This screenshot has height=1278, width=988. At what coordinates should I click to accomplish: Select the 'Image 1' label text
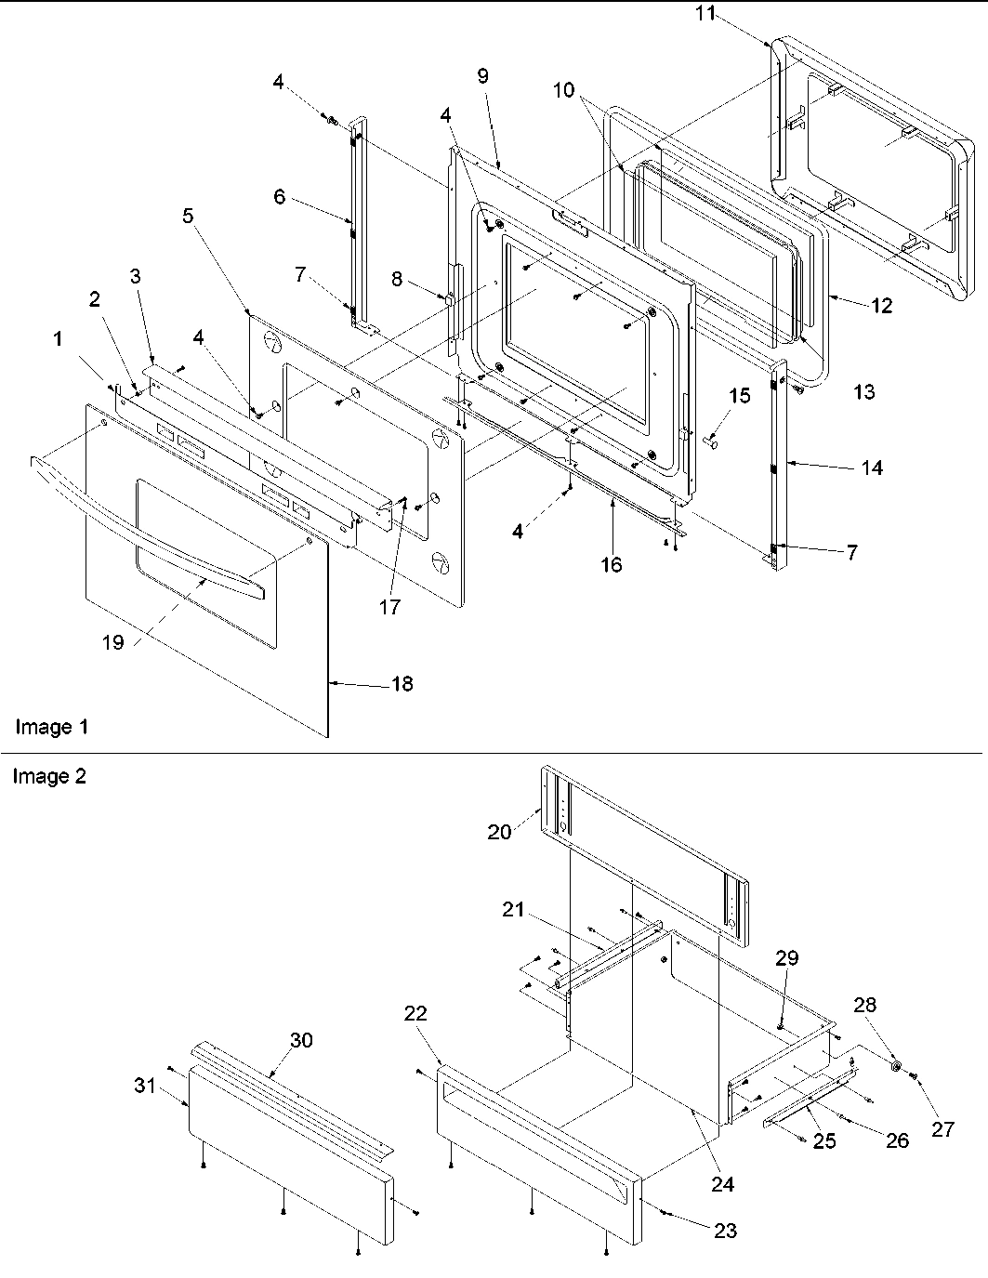point(51,727)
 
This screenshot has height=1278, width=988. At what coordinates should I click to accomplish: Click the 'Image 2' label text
point(48,776)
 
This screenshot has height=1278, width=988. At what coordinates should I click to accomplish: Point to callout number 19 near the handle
point(112,642)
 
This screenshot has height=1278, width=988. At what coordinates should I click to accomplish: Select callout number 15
point(738,396)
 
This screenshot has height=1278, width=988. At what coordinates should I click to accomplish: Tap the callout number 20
point(499,832)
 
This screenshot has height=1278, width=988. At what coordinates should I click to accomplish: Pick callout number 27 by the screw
point(942,1128)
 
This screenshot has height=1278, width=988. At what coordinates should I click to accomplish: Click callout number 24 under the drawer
point(722,1184)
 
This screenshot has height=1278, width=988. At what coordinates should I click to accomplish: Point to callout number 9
point(482,76)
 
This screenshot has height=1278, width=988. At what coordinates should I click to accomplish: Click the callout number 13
point(863,391)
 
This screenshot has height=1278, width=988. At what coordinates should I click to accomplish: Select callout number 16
point(611,564)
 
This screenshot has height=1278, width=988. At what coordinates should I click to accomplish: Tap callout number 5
point(189,217)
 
